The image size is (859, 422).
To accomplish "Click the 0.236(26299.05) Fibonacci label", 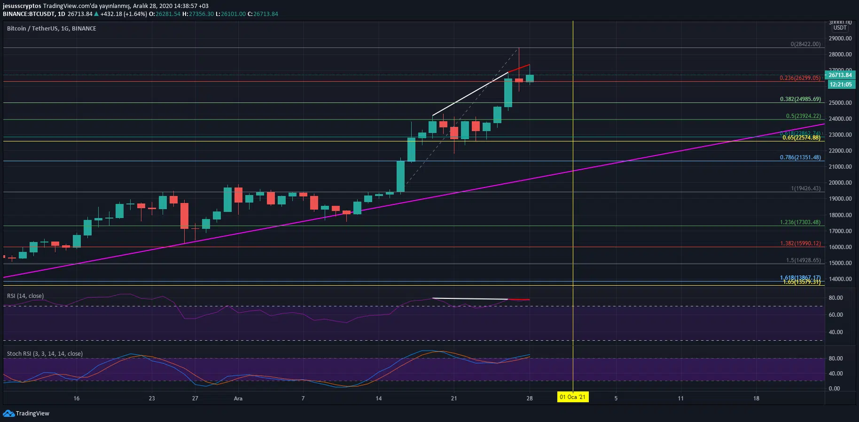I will pyautogui.click(x=800, y=78).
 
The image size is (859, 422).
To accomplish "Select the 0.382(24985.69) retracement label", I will pyautogui.click(x=800, y=99).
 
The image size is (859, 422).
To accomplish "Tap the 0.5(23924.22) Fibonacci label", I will pyautogui.click(x=803, y=116).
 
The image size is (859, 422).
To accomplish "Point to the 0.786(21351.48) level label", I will pyautogui.click(x=800, y=157).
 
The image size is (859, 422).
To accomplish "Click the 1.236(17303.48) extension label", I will pyautogui.click(x=800, y=222).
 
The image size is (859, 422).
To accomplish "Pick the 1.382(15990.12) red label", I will pyautogui.click(x=800, y=243).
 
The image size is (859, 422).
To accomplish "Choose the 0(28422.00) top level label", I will pyautogui.click(x=805, y=44).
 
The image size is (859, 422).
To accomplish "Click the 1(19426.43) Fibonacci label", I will pyautogui.click(x=805, y=188).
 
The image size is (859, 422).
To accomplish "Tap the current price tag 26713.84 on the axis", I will pyautogui.click(x=840, y=75).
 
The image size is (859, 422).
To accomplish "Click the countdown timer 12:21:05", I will pyautogui.click(x=840, y=85).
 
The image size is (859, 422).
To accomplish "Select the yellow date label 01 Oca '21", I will pyautogui.click(x=572, y=397).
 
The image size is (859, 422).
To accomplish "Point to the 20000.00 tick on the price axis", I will pyautogui.click(x=840, y=183).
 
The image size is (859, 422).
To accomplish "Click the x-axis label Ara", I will pyautogui.click(x=238, y=399).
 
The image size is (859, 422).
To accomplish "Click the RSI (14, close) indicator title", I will pyautogui.click(x=25, y=296).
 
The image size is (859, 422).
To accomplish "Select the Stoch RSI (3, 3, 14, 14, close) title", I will pyautogui.click(x=45, y=353).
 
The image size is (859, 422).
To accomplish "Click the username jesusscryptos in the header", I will pyautogui.click(x=22, y=6).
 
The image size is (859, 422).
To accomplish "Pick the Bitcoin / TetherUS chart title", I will pyautogui.click(x=51, y=29).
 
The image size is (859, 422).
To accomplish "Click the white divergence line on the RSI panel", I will pyautogui.click(x=470, y=299).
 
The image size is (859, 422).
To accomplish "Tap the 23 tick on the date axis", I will pyautogui.click(x=152, y=399).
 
